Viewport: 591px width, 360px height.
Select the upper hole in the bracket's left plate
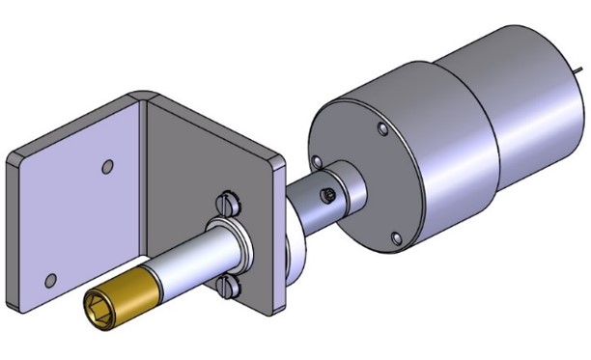click(108, 166)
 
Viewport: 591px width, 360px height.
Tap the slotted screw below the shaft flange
click(228, 284)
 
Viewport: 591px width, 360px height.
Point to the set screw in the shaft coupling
click(328, 194)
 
